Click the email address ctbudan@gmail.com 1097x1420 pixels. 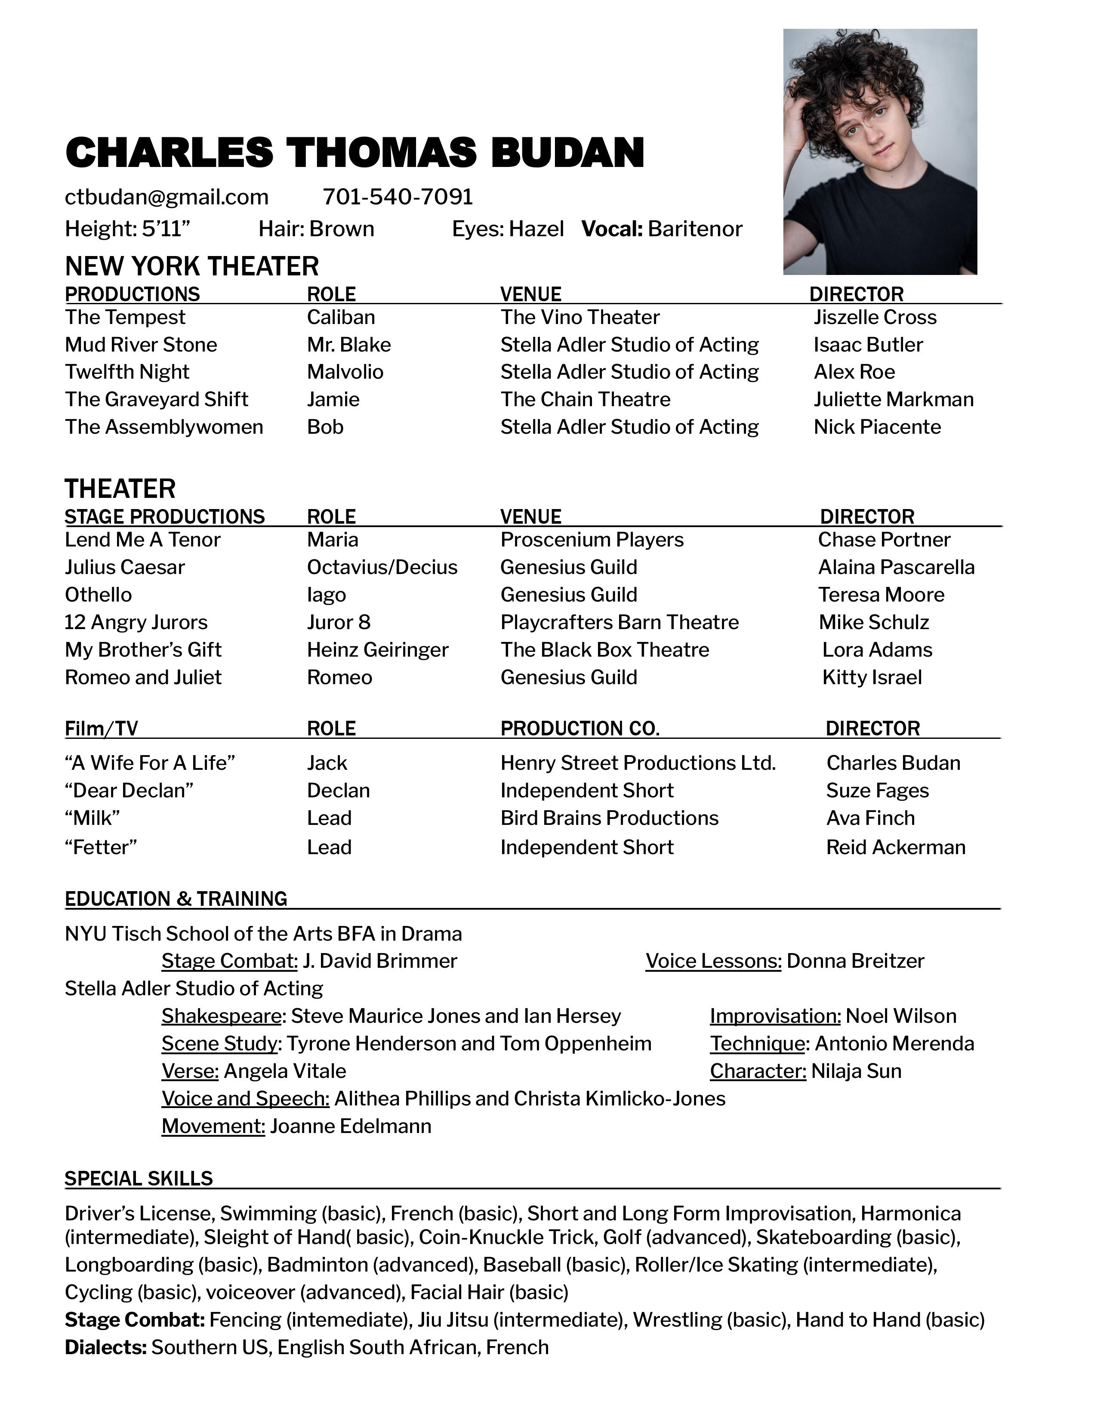click(166, 197)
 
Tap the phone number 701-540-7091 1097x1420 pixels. click(398, 197)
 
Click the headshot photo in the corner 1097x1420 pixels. click(879, 151)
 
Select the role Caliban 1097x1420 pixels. click(341, 317)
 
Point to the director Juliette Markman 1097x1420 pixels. click(894, 399)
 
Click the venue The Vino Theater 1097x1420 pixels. click(580, 317)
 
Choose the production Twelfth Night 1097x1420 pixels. click(127, 372)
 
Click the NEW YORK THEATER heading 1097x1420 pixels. click(192, 267)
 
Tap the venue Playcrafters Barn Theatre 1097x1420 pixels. click(619, 622)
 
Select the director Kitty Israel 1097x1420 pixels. click(872, 677)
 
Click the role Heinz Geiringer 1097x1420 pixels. click(378, 649)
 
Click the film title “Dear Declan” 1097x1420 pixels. click(129, 790)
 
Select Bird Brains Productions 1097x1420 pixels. click(609, 818)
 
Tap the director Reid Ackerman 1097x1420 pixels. click(896, 847)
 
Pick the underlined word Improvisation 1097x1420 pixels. click(775, 1016)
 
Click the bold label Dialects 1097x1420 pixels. click(105, 1347)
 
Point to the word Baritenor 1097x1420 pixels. click(695, 229)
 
